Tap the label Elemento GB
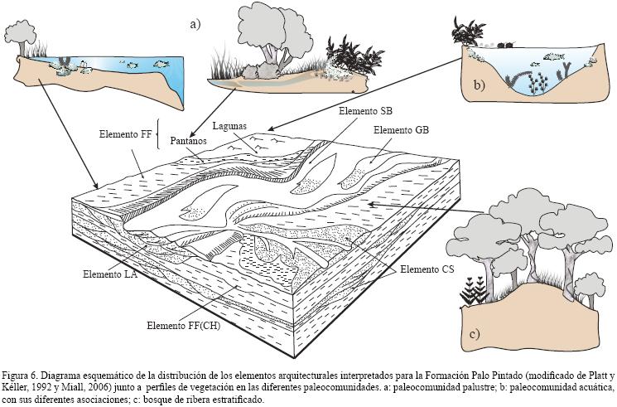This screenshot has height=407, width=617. (x=401, y=130)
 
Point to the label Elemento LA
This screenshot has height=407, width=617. (x=110, y=273)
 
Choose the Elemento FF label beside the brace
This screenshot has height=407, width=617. (x=125, y=133)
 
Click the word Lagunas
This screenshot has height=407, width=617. (x=229, y=127)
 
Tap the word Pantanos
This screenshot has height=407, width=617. (x=189, y=141)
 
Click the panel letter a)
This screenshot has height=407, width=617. (x=195, y=24)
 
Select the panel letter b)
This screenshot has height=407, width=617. (x=480, y=85)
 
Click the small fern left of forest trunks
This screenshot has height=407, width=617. (x=473, y=291)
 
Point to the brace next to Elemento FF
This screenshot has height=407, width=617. (x=157, y=133)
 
